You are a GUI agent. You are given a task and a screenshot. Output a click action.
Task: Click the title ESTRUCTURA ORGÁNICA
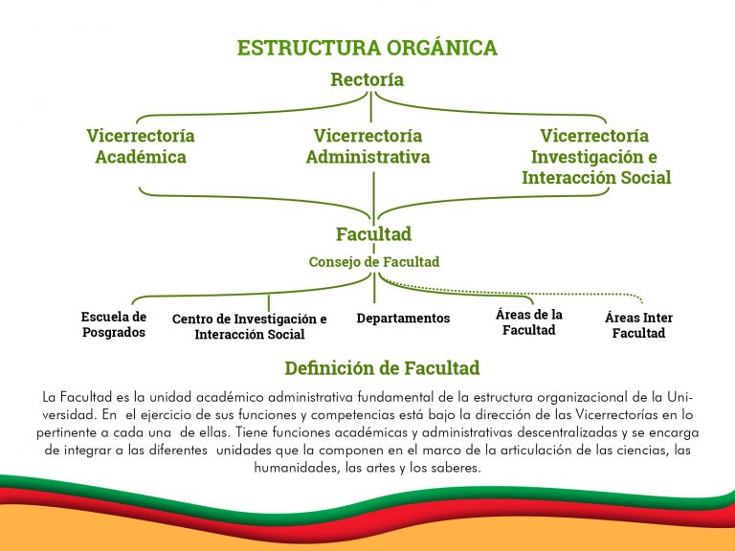tap(367, 48)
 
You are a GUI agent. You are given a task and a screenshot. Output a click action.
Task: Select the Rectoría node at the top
tap(367, 79)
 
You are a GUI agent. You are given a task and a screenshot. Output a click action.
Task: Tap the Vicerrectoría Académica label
tap(141, 146)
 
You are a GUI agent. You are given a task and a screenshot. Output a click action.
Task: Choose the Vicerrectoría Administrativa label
tap(367, 146)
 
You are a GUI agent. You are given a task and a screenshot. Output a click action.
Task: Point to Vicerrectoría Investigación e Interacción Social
tap(596, 157)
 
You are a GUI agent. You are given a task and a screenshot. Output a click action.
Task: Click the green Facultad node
tap(373, 233)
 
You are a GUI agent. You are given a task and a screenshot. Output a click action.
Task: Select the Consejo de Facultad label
tap(374, 261)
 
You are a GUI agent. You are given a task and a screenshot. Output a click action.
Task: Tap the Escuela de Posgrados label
tap(114, 324)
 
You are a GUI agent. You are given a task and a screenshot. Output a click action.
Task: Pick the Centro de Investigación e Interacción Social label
tap(250, 326)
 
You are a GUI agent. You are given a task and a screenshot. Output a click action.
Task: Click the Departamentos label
tap(403, 319)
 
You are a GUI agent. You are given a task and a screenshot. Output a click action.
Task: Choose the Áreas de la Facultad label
tap(529, 322)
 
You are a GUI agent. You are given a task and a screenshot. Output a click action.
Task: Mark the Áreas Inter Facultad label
tap(638, 325)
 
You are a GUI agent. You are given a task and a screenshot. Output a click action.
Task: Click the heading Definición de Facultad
tap(382, 368)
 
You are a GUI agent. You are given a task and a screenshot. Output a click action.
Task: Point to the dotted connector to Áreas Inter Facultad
tap(516, 293)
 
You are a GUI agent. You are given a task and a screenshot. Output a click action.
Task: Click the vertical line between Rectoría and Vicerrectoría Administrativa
tap(371, 107)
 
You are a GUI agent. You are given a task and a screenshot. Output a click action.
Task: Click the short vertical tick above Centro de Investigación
tap(269, 302)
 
